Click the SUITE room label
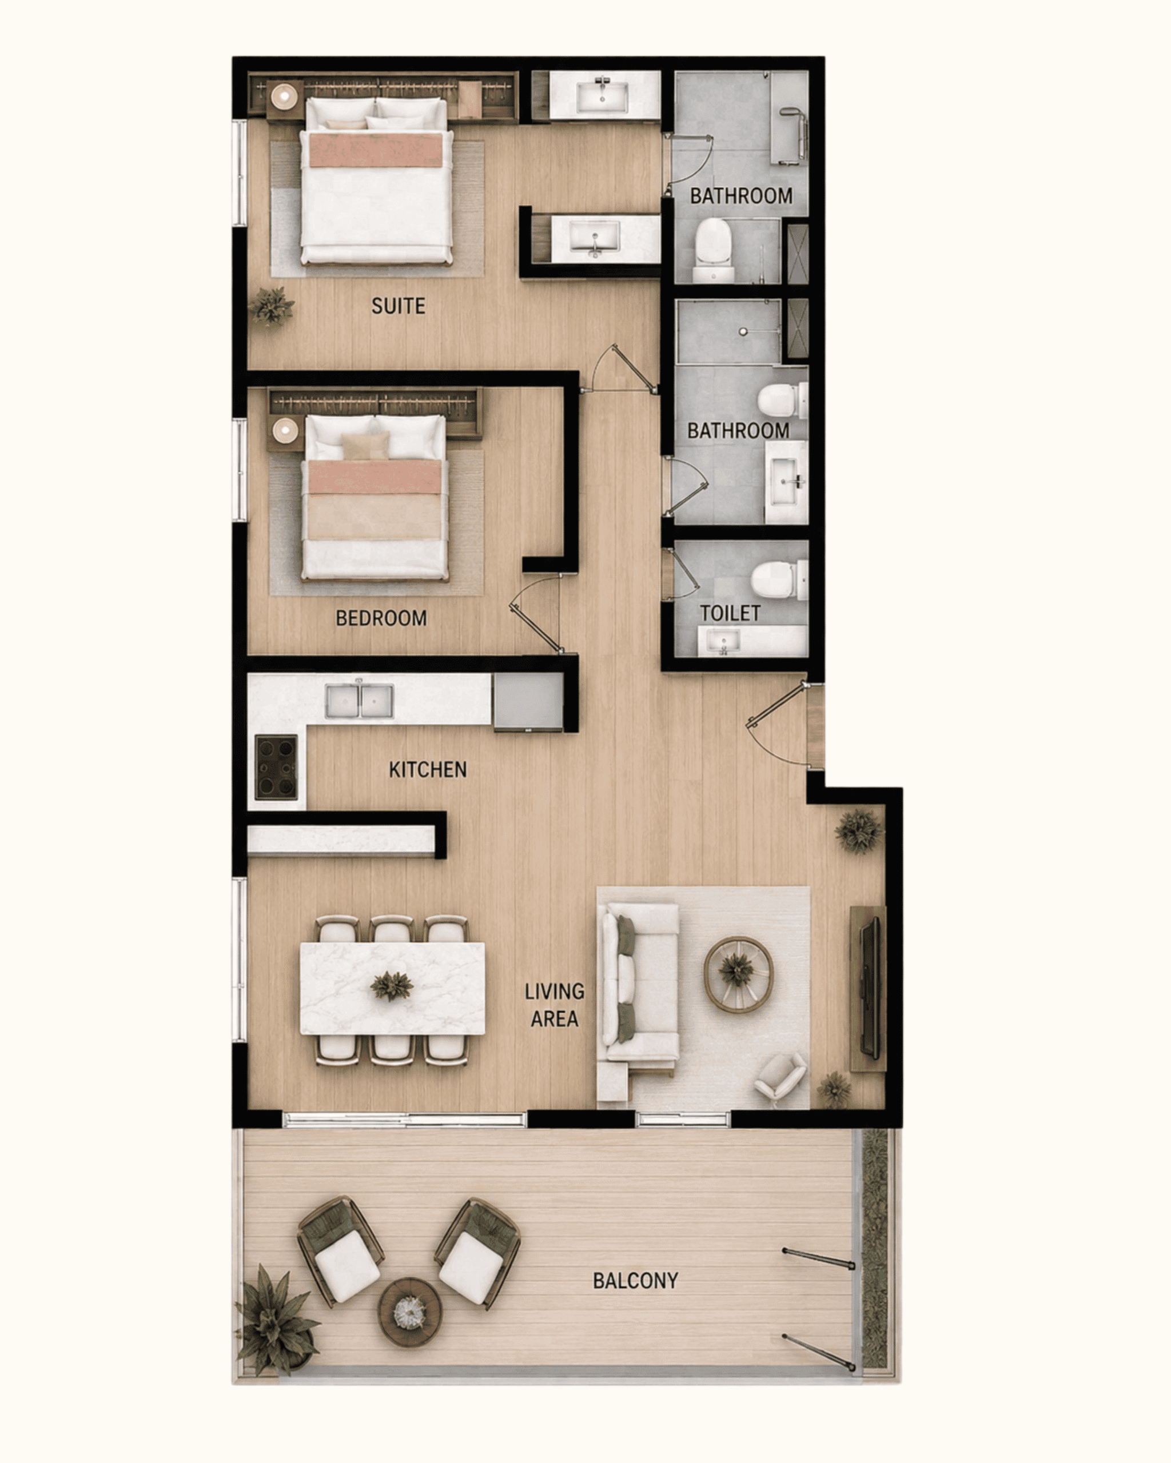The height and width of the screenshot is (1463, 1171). [399, 306]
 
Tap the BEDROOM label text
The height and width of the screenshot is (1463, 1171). [381, 618]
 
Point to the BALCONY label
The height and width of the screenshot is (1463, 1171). [635, 1281]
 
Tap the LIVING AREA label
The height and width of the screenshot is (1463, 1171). [555, 1005]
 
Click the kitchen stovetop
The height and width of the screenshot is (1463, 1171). [276, 767]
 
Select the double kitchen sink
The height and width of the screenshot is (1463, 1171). [359, 701]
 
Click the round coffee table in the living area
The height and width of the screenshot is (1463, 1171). [738, 974]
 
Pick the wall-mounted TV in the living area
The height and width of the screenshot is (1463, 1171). [870, 988]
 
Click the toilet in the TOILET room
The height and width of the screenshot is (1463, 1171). [779, 579]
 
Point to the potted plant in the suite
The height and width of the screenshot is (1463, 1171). [272, 306]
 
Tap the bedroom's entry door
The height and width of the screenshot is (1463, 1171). [536, 614]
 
